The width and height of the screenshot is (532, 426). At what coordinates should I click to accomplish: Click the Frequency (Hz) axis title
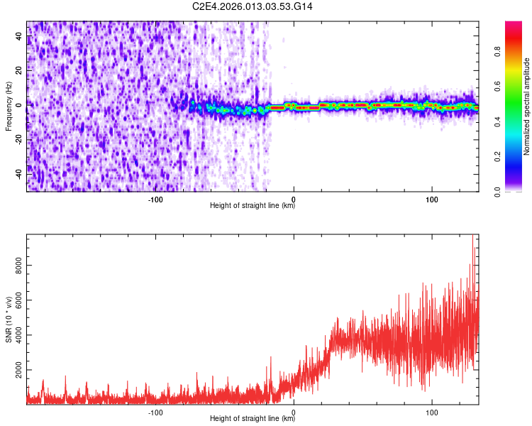click(9, 106)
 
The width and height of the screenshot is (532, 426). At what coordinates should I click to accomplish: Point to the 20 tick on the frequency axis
click(19, 70)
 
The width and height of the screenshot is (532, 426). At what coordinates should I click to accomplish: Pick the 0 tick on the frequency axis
click(19, 105)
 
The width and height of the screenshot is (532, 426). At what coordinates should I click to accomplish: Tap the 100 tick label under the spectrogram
click(431, 199)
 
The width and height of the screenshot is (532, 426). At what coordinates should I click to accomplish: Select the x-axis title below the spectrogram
click(253, 207)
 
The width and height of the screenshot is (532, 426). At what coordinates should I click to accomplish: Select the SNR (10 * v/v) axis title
click(9, 318)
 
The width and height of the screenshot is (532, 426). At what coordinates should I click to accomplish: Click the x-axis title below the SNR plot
click(253, 420)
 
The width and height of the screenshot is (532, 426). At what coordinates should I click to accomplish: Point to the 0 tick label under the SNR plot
click(294, 412)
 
